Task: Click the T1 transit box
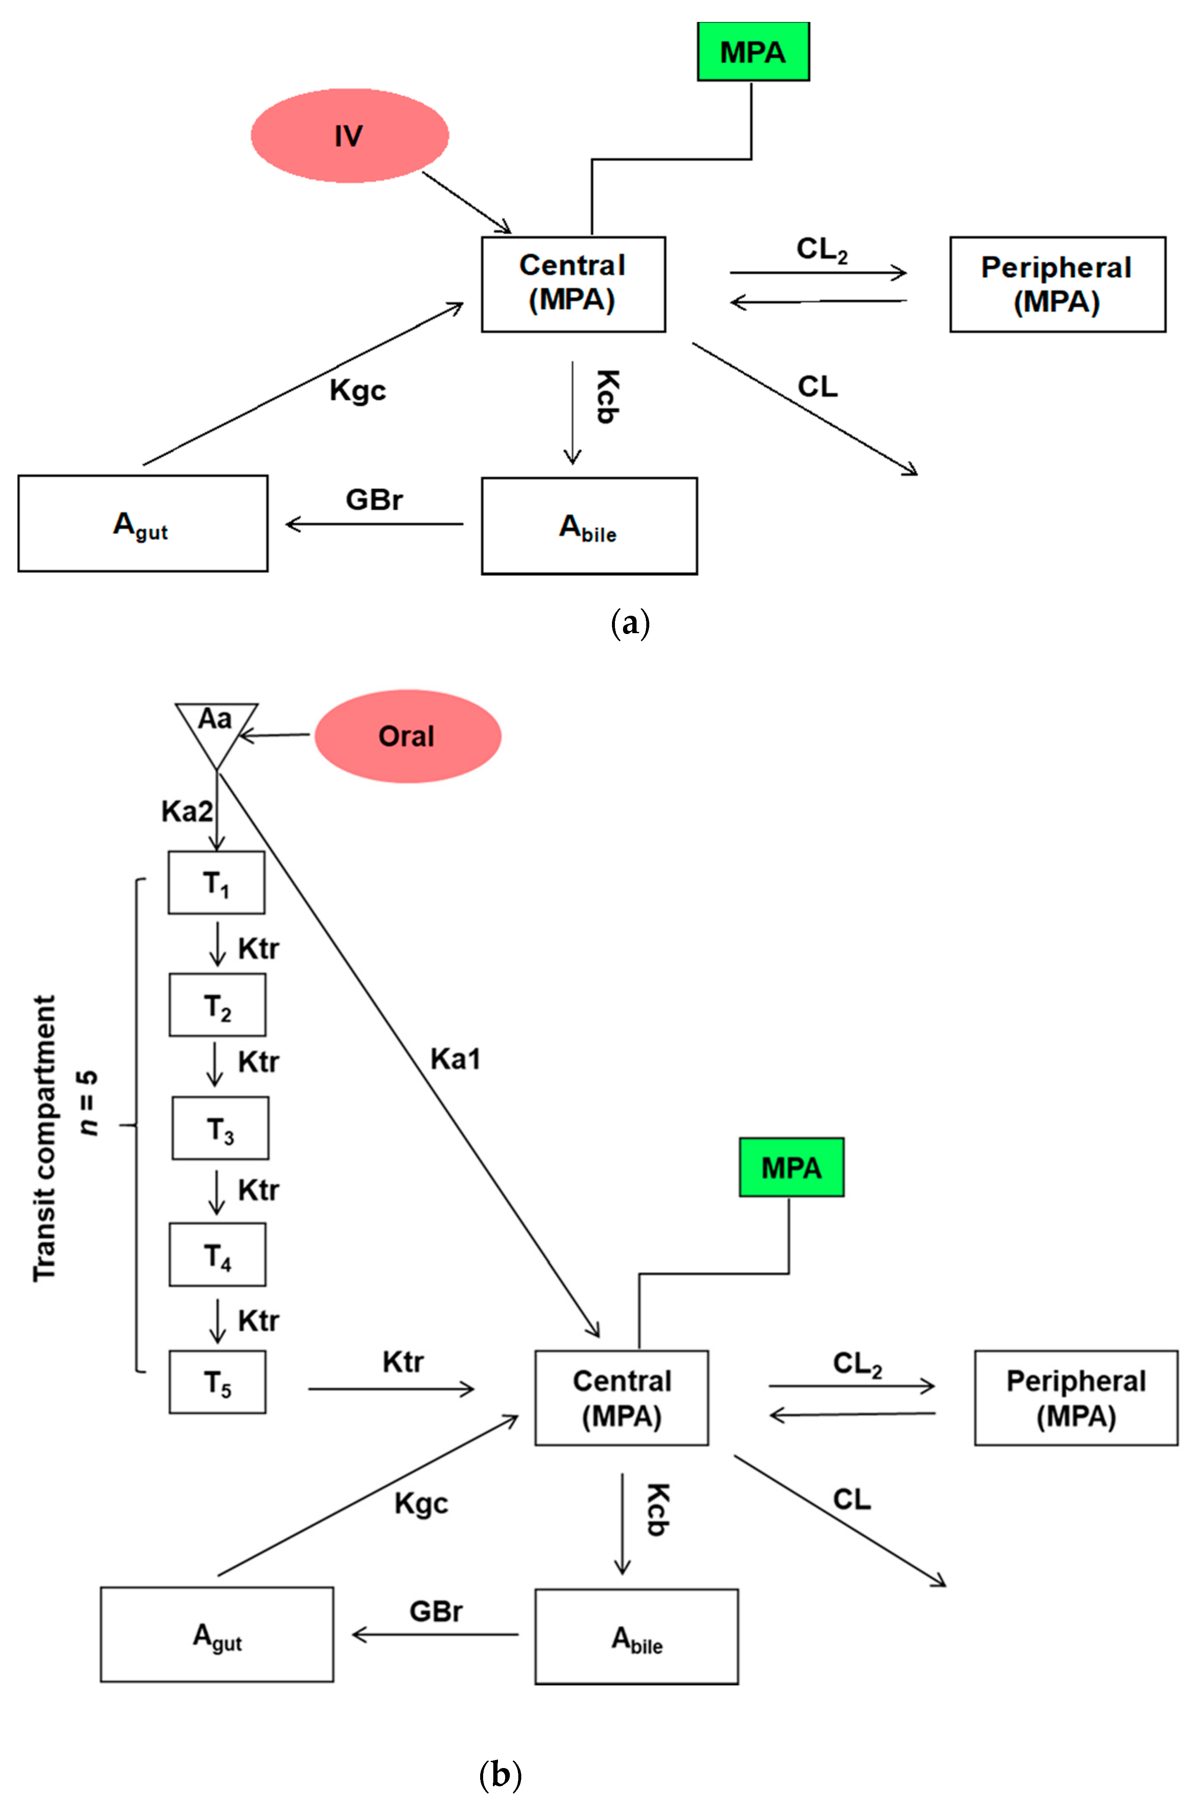point(217,883)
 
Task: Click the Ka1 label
point(455,1059)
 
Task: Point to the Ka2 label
point(186,812)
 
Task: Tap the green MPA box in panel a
point(753,52)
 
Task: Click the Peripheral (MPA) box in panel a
point(1057,284)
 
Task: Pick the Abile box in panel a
point(589,526)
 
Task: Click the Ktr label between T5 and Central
point(403,1362)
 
